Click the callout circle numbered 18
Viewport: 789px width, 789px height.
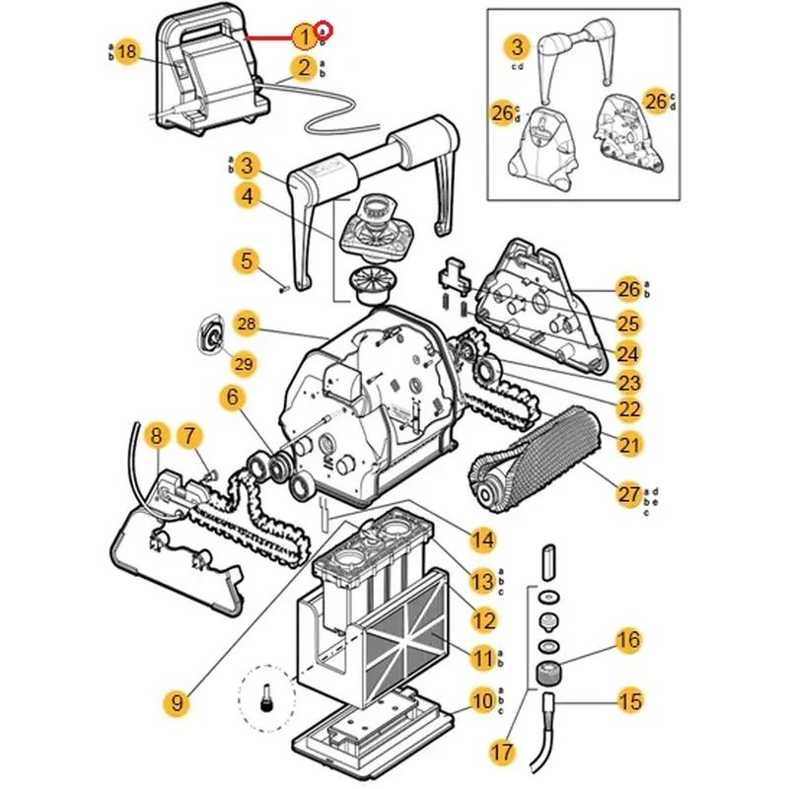[126, 52]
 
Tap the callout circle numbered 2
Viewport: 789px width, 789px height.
[304, 68]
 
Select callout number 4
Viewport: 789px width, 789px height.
[247, 196]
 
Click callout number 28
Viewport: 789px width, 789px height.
[247, 323]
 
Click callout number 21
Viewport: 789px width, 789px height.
[629, 445]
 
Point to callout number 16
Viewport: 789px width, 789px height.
[628, 641]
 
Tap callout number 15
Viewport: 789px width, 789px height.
[629, 702]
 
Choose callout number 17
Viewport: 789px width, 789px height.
[502, 752]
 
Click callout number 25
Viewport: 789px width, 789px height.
[629, 323]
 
